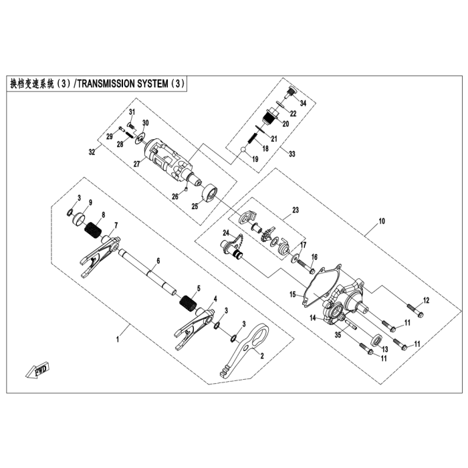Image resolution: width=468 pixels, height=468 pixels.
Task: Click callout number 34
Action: (302, 104)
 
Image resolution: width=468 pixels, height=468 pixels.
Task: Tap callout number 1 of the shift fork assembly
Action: (118, 340)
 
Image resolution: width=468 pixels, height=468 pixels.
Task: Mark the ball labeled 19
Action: (245, 155)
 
